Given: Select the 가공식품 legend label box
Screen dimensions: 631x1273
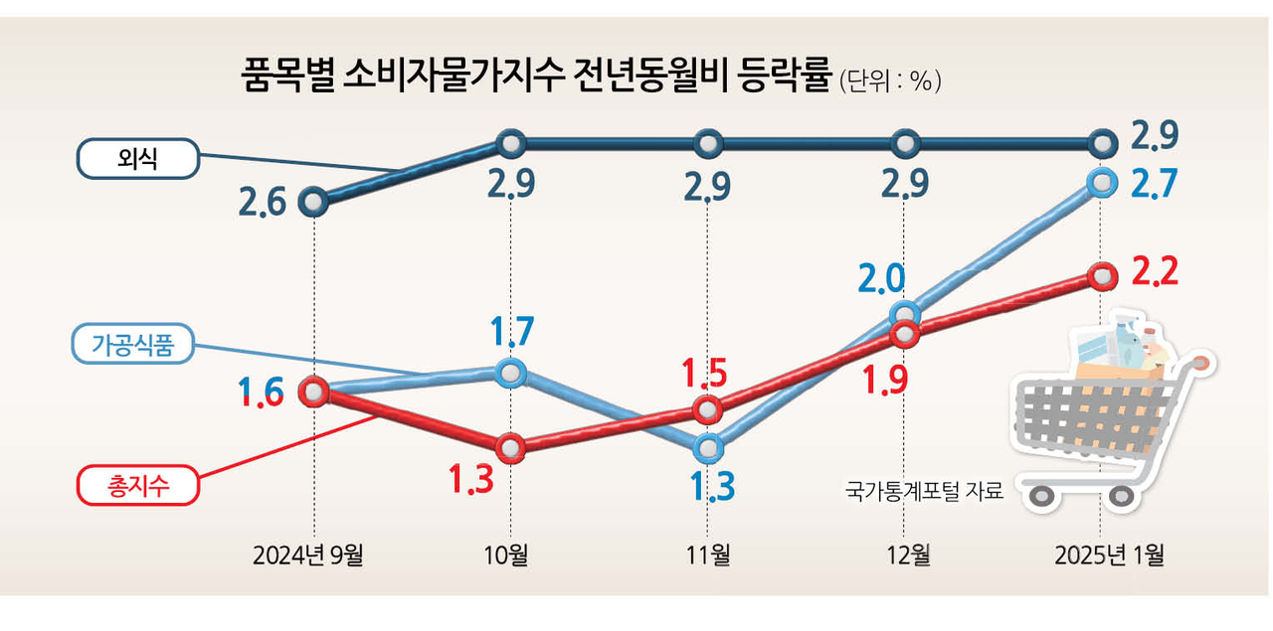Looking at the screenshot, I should pos(132,345).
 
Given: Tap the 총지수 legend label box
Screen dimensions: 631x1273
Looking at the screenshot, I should pos(138,486).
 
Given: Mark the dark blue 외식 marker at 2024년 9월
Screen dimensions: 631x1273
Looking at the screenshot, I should pos(313,203).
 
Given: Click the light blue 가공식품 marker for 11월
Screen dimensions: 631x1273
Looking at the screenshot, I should pos(708,448).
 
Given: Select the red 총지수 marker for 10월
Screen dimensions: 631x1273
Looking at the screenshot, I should pos(510,448).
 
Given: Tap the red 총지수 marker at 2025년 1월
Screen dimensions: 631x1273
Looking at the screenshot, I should pos(1101,275).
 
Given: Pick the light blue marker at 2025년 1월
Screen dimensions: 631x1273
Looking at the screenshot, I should pos(1101,182).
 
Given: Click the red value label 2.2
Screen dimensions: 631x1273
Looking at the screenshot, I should pos(1155,271).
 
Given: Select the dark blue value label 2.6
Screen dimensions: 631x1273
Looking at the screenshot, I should pos(263,204).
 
